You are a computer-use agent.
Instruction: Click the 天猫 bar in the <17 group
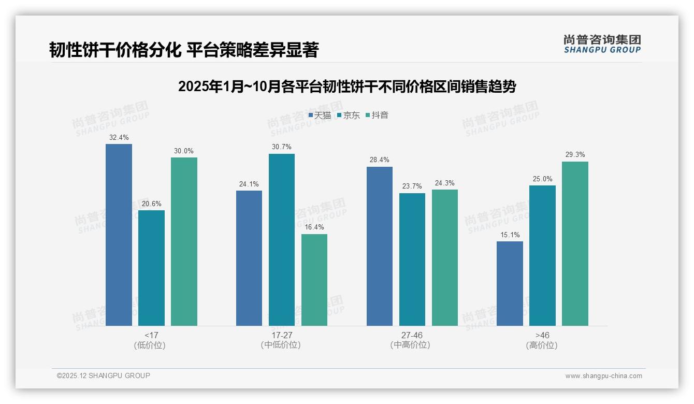coord(119,235)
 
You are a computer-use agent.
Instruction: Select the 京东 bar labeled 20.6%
coord(151,268)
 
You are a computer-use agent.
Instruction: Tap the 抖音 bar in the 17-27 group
coord(314,280)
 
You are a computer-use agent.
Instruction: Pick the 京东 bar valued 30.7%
coord(282,239)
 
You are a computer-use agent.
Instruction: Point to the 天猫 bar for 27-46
coord(380,246)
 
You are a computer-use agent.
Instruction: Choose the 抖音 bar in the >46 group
coord(575,243)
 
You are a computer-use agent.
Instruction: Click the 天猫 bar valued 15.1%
coord(510,283)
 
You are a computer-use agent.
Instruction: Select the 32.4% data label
coord(119,138)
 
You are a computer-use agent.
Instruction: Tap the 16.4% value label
coord(314,227)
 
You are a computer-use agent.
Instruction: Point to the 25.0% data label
coord(542,179)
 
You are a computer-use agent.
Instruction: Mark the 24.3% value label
coord(445,183)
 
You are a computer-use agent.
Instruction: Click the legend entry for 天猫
coord(320,116)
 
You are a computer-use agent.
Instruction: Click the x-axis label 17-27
coord(282,335)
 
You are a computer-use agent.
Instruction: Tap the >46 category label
coord(542,335)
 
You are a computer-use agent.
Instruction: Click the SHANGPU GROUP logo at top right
coord(602,44)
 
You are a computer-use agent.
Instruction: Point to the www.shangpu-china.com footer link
coord(603,376)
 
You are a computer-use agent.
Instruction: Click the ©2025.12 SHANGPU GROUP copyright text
coord(104,376)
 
